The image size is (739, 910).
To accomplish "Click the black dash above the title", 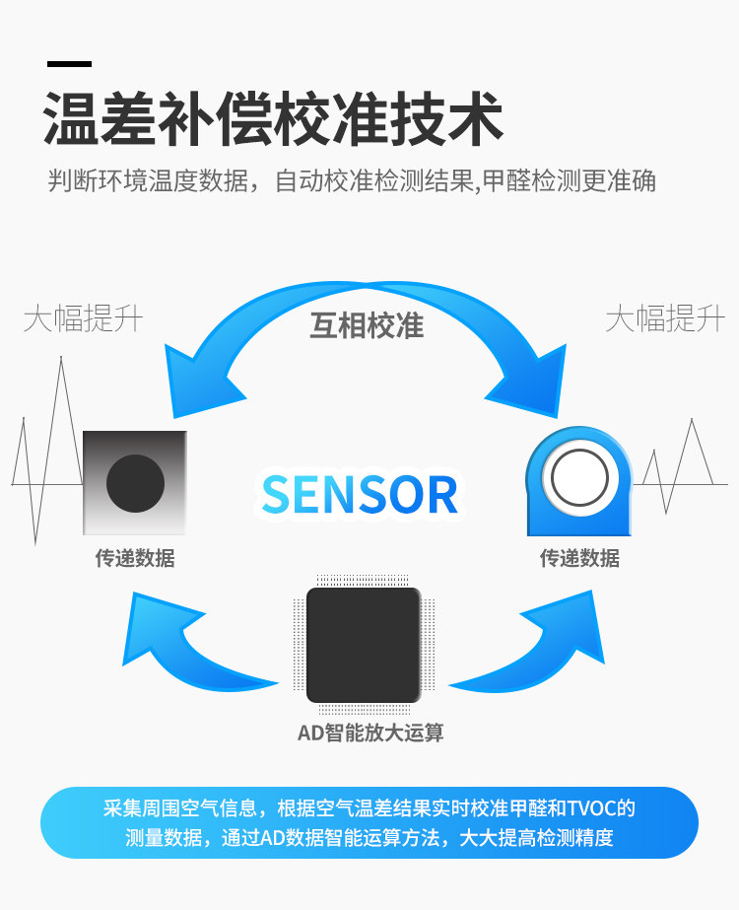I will (69, 65).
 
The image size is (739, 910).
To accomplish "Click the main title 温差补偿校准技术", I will (273, 121).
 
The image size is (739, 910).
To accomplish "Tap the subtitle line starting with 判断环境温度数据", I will (352, 181).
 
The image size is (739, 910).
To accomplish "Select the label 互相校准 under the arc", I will (367, 325).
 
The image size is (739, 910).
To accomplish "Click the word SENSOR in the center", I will (361, 495).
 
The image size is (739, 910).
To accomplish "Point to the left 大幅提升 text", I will (83, 318).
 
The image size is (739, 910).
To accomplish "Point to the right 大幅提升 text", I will (664, 318).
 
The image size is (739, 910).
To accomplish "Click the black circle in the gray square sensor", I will (135, 483).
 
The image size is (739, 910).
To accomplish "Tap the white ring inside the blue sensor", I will (579, 479).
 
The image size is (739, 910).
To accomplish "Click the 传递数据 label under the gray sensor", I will (135, 558).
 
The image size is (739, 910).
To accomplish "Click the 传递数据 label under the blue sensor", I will (579, 558).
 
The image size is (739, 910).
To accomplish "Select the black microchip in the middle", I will (364, 645).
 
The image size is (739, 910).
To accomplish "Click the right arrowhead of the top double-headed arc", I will (527, 380).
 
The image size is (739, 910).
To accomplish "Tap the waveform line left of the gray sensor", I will (44, 463).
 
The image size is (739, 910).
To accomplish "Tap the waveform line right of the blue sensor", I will (680, 468).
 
